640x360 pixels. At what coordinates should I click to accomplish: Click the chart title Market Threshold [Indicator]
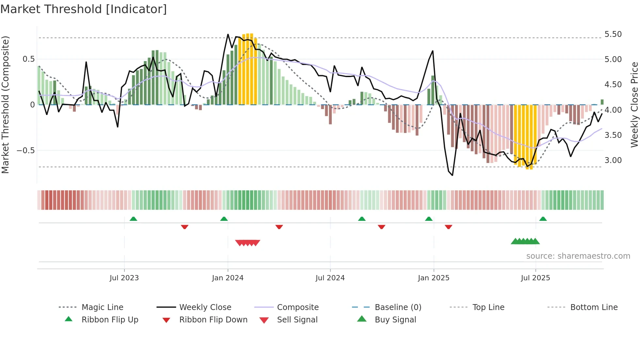(x=84, y=9)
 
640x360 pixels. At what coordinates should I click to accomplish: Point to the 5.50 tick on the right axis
(x=613, y=34)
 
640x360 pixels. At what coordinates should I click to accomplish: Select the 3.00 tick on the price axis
(x=613, y=160)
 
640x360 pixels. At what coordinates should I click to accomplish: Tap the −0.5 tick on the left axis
(x=25, y=151)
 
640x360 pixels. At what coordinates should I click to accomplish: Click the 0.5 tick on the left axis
(x=28, y=59)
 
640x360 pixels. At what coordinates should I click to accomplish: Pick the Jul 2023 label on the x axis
(x=124, y=278)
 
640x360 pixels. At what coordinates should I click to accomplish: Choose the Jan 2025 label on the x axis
(x=434, y=278)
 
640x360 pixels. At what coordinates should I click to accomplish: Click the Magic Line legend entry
(x=102, y=307)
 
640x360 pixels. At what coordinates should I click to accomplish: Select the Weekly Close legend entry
(x=205, y=307)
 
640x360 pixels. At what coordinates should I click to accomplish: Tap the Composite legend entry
(x=298, y=307)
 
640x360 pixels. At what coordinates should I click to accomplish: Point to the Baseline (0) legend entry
(x=398, y=307)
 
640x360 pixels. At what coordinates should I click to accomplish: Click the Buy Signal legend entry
(x=395, y=320)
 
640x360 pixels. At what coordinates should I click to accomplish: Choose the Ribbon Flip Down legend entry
(x=213, y=320)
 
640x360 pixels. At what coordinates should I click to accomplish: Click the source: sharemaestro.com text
(x=578, y=256)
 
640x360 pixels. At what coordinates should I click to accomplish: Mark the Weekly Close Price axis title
(x=634, y=105)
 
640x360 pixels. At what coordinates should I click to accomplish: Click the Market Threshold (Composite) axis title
(x=5, y=105)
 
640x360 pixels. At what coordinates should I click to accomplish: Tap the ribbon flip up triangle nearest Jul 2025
(x=543, y=219)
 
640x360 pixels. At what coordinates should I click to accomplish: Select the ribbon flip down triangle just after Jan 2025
(x=448, y=227)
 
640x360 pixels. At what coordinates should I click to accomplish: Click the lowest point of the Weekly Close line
(x=453, y=175)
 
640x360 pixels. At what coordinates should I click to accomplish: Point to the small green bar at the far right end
(x=602, y=102)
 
